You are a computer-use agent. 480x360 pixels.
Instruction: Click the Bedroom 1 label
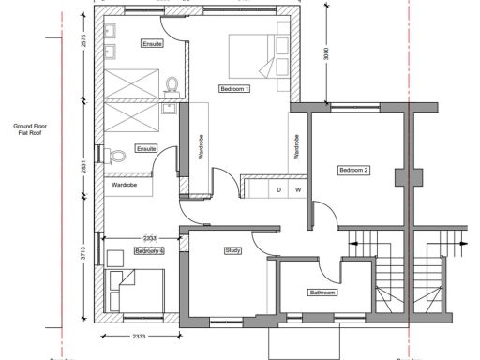click(x=234, y=89)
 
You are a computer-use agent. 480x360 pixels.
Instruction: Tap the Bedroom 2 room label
click(x=353, y=170)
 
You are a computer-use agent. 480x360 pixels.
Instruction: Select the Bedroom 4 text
click(x=149, y=251)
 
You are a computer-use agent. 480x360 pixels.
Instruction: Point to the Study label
click(x=233, y=250)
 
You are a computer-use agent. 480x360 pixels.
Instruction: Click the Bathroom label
click(x=322, y=293)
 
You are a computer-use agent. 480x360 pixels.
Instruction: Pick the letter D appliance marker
click(x=278, y=190)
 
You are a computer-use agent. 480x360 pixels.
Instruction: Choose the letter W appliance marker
click(x=297, y=190)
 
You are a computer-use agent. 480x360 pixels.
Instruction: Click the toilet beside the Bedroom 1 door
click(x=172, y=87)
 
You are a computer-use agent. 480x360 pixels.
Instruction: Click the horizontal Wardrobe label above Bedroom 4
click(x=126, y=185)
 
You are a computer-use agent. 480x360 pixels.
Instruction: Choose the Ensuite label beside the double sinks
click(x=152, y=44)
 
